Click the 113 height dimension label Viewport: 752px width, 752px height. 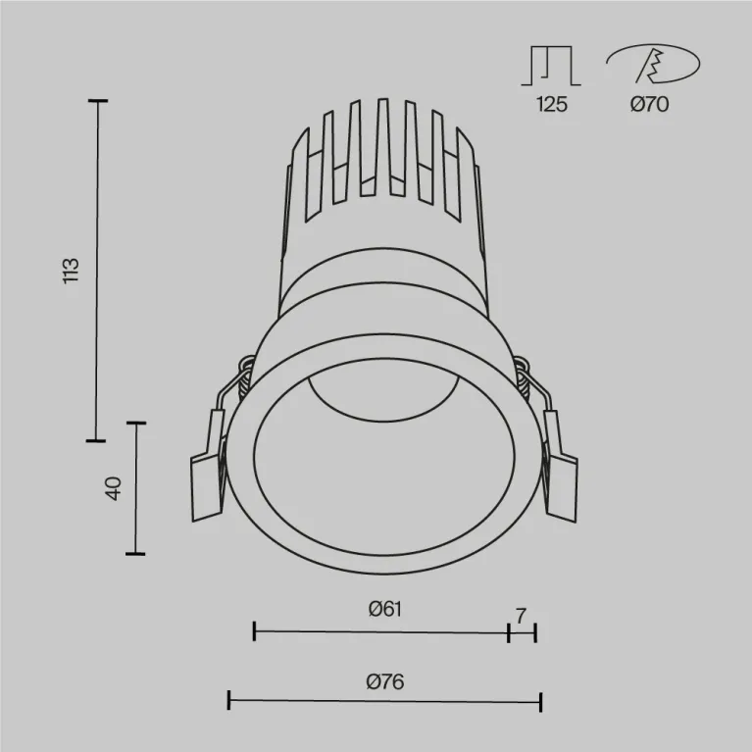point(69,271)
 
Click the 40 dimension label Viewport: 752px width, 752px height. point(113,488)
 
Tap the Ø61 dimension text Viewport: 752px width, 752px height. point(385,609)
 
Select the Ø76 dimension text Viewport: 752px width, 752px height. point(385,681)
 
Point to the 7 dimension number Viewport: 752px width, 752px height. point(521,616)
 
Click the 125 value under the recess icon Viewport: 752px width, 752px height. point(552,105)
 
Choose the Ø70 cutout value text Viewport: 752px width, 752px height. point(649,105)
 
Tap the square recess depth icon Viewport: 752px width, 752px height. point(552,66)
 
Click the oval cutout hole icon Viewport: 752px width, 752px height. point(653,66)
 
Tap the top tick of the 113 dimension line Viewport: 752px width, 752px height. point(96,101)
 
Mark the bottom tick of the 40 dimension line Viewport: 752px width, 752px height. point(135,554)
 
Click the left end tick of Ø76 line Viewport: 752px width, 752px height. point(228,700)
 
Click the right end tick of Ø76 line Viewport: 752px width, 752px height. point(540,700)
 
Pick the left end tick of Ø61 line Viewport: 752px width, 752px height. point(254,631)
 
